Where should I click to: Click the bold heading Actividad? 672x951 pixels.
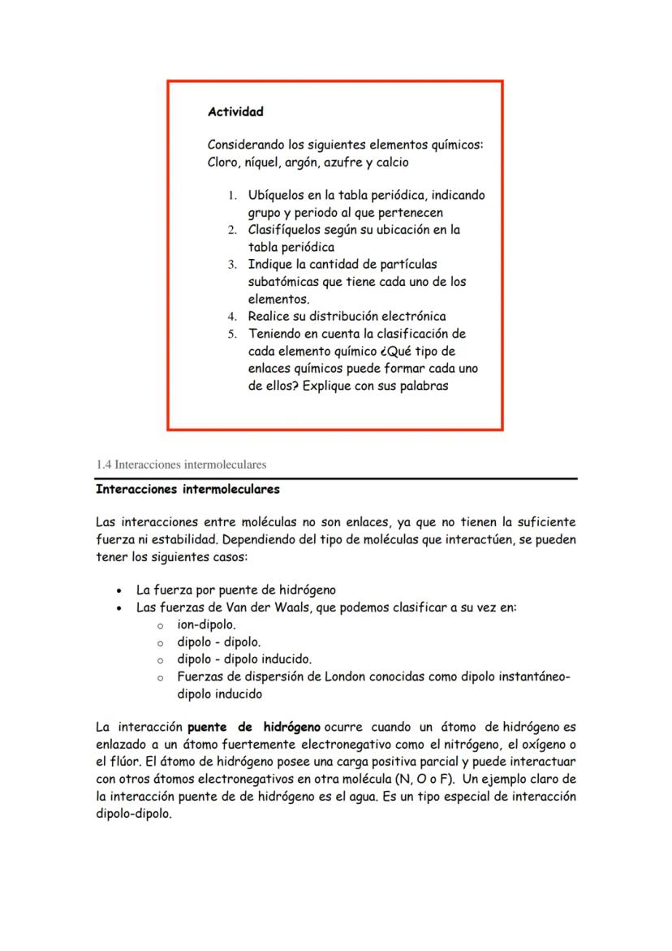(235, 111)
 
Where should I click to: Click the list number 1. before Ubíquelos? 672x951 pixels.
(231, 196)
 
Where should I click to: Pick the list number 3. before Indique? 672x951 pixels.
(231, 265)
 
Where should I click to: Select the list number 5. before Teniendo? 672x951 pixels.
(231, 334)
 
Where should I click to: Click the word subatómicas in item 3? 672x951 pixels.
(285, 282)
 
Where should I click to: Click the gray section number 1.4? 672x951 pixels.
(103, 465)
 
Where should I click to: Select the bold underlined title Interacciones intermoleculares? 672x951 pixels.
(187, 490)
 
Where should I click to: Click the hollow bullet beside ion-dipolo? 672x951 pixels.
(161, 625)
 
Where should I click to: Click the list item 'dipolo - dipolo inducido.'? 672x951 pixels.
(244, 659)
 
